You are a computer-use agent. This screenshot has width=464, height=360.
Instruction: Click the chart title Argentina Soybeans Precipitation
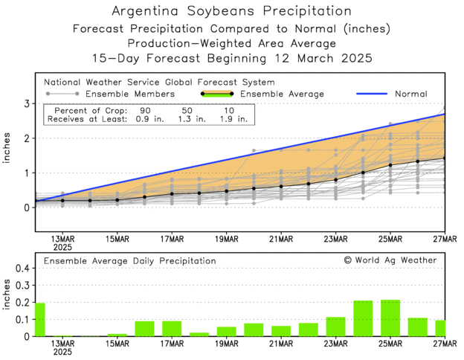coord(231,11)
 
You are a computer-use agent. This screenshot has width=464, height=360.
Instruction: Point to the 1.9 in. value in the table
coord(233,118)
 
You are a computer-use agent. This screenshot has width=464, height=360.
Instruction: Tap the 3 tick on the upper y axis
coord(25,103)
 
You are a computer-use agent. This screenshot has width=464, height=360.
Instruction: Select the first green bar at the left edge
coord(39,320)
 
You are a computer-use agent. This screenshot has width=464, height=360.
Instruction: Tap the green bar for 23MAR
coord(335,327)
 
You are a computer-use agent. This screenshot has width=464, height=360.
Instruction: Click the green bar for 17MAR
coord(172,329)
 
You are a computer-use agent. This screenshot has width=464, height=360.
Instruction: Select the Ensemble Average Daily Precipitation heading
coord(129,261)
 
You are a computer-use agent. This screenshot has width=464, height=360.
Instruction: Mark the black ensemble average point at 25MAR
coord(390,165)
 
